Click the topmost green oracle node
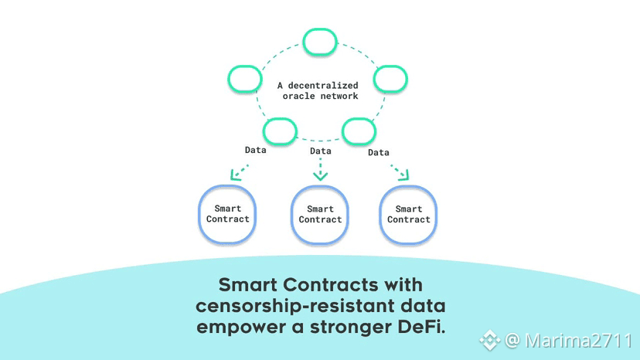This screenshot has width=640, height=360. tap(320, 42)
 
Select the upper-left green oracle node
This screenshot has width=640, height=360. tap(245, 78)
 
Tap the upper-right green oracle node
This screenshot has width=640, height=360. tap(391, 78)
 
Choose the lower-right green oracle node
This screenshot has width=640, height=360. tap(359, 131)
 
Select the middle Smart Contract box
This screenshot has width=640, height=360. tap(320, 215)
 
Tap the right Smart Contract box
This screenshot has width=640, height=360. tap(409, 214)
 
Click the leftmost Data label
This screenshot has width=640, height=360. tap(255, 150)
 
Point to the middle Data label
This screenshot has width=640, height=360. tap(320, 151)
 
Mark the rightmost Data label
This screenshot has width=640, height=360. tap(379, 152)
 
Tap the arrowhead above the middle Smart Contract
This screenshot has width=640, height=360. tap(320, 175)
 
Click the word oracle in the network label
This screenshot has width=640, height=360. tap(298, 96)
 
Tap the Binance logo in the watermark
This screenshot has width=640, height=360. tap(489, 340)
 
